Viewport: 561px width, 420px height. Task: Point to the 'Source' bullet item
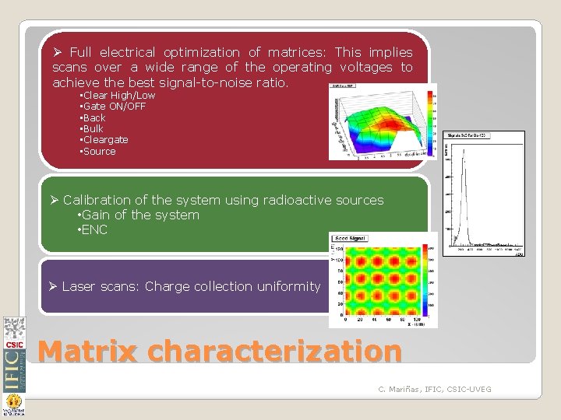99,152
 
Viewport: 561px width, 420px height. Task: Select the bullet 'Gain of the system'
140,215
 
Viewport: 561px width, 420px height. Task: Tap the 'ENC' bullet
94,230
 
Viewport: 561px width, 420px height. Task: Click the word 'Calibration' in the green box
98,200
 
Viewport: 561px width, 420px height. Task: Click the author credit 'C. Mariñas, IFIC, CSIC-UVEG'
435,388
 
